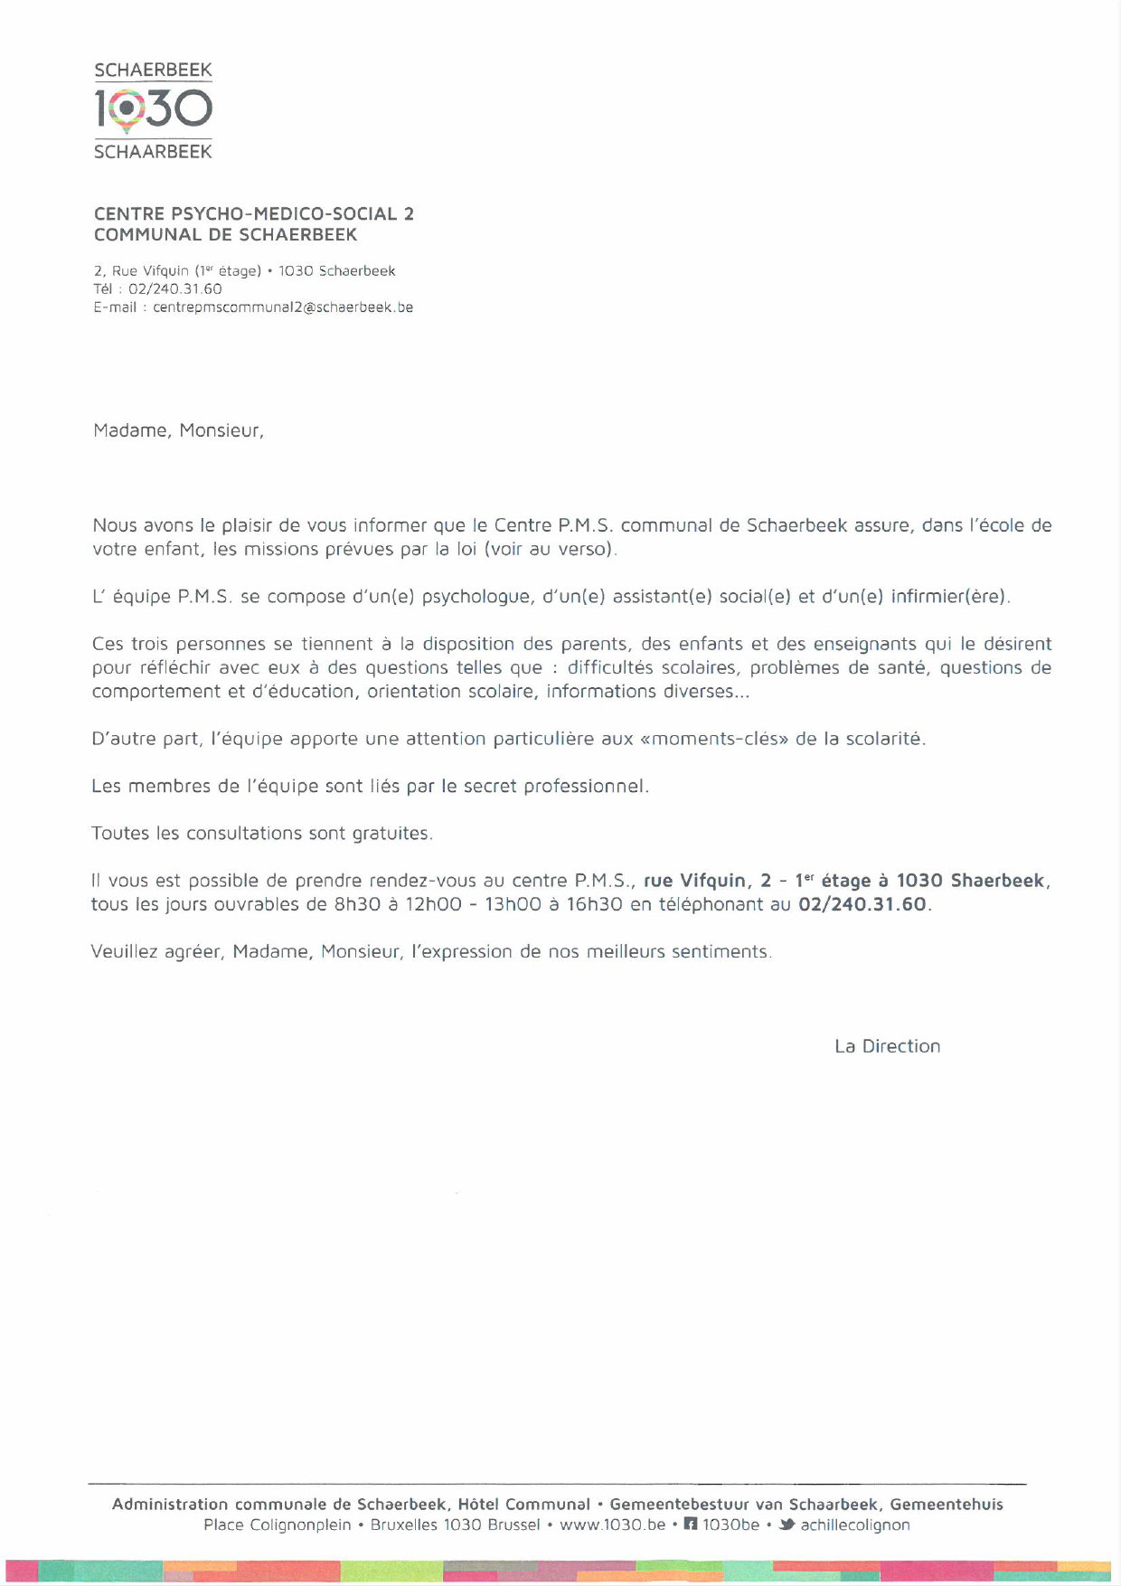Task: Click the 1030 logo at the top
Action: pyautogui.click(x=153, y=110)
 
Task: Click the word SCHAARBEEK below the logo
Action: pyautogui.click(x=153, y=152)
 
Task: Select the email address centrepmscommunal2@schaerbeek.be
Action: pyautogui.click(x=283, y=307)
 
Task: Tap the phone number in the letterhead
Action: pyautogui.click(x=175, y=289)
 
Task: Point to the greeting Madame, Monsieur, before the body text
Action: pyautogui.click(x=178, y=431)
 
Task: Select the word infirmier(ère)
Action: pyautogui.click(x=948, y=598)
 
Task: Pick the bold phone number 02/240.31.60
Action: pyautogui.click(x=862, y=904)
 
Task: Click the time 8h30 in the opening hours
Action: pyautogui.click(x=357, y=904)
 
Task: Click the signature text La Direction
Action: pyautogui.click(x=887, y=1046)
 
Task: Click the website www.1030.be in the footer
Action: pyautogui.click(x=612, y=1525)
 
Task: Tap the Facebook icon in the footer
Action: pyautogui.click(x=691, y=1525)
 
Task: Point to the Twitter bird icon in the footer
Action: pyautogui.click(x=787, y=1525)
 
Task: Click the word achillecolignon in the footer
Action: pyautogui.click(x=855, y=1525)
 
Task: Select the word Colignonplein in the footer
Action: pyautogui.click(x=300, y=1525)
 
